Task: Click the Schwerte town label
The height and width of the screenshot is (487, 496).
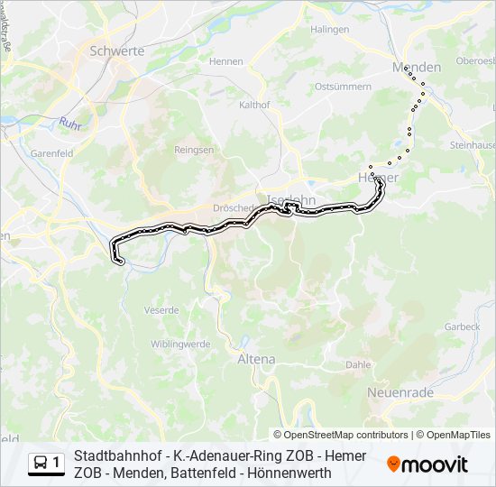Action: click(117, 51)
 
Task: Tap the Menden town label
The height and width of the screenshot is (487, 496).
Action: click(417, 68)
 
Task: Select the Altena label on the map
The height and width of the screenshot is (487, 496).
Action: click(256, 359)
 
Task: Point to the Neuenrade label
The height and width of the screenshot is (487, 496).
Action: click(400, 393)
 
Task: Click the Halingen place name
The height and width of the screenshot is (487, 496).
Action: click(330, 30)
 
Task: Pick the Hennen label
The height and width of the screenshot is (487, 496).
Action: click(226, 61)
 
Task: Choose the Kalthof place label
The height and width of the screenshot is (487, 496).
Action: click(254, 105)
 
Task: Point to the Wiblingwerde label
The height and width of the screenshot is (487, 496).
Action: click(180, 344)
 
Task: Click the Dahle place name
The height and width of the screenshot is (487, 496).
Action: click(358, 365)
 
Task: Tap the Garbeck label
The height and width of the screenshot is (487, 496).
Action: click(463, 326)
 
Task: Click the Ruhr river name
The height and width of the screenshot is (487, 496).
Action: click(70, 123)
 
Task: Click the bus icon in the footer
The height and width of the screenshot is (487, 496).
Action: click(41, 464)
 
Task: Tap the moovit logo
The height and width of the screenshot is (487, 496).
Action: click(427, 464)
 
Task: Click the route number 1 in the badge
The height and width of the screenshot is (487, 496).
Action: click(57, 464)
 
